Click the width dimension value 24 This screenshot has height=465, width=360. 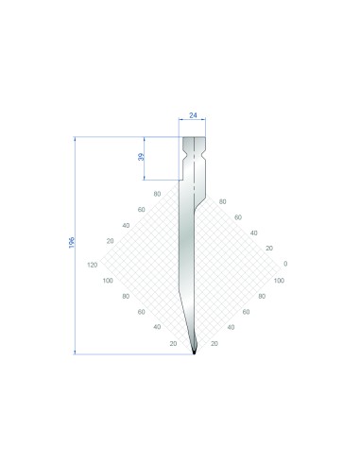point(193,115)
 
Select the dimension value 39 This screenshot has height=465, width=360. point(141,157)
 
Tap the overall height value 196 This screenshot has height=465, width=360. point(72,243)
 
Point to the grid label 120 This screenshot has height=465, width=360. point(93,265)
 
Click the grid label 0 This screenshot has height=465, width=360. point(285,264)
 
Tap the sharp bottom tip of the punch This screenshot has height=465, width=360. point(194,353)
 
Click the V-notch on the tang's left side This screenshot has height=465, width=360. point(184,156)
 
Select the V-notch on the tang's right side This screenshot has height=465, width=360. point(203,156)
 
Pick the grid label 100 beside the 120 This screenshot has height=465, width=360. point(108,281)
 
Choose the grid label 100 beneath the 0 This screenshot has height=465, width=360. point(279,281)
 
